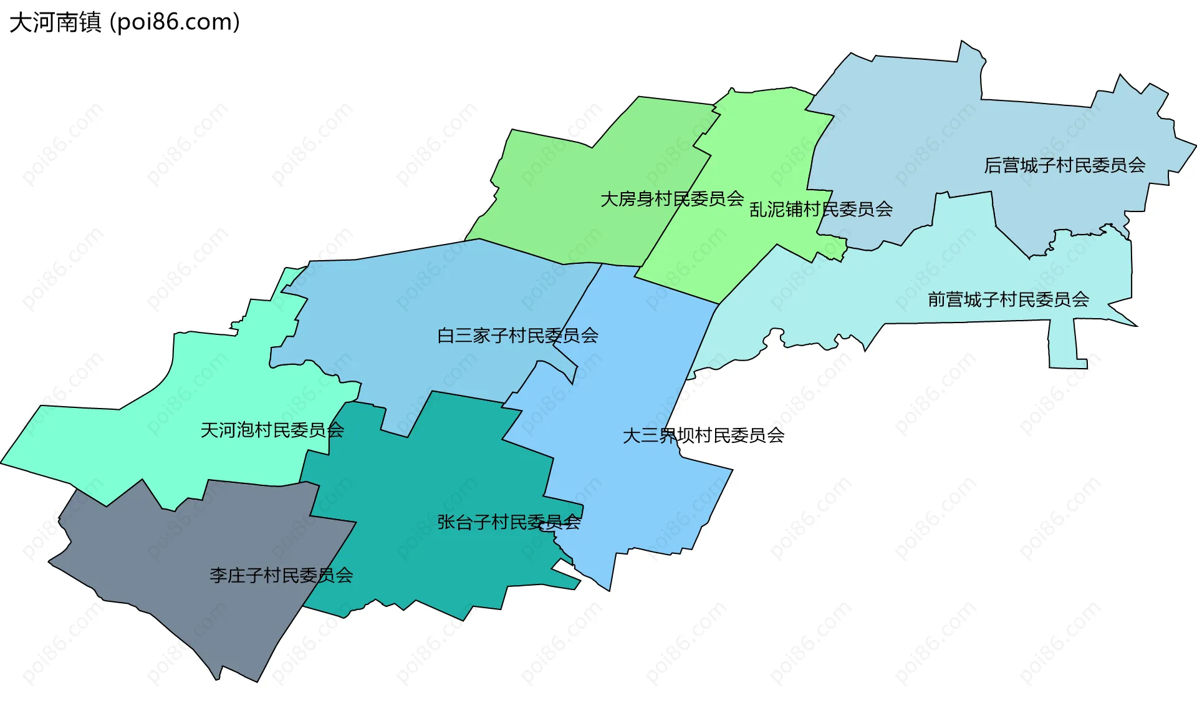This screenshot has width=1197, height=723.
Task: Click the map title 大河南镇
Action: point(55,23)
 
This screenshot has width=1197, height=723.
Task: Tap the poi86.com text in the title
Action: point(175,23)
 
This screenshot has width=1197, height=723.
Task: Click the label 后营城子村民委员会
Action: point(1064,165)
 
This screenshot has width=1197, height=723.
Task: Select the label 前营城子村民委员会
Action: point(1008,300)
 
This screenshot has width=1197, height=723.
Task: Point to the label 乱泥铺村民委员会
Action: point(820,210)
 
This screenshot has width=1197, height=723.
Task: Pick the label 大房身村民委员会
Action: point(671,199)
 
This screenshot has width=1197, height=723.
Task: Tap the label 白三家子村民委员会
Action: point(517,336)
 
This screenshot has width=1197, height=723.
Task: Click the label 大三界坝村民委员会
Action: point(703,435)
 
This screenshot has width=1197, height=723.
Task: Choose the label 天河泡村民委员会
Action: point(272,430)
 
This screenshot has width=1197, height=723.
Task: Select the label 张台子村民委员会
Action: point(509,523)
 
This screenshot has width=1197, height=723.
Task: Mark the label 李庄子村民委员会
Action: point(281,575)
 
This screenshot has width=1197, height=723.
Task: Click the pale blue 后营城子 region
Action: point(935,125)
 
